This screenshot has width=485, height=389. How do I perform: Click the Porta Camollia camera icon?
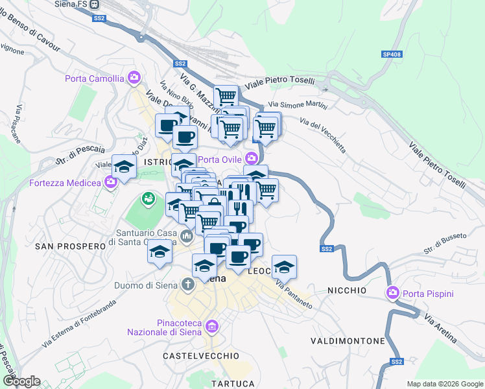[134, 78]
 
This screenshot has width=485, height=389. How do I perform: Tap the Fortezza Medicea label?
[65, 183]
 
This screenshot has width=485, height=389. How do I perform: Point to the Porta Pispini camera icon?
[392, 293]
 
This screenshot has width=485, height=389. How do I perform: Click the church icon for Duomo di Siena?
[187, 284]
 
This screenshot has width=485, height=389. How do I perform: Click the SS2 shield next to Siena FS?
[99, 19]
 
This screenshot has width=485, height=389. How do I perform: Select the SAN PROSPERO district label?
[70, 246]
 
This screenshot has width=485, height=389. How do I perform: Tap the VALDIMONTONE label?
[348, 340]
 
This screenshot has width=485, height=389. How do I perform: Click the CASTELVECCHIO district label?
[200, 356]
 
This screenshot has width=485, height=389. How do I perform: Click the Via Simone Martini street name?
[298, 104]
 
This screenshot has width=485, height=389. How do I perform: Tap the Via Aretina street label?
[440, 329]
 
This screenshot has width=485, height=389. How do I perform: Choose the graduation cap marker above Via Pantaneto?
[284, 266]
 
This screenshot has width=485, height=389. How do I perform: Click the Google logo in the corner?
[21, 381]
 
